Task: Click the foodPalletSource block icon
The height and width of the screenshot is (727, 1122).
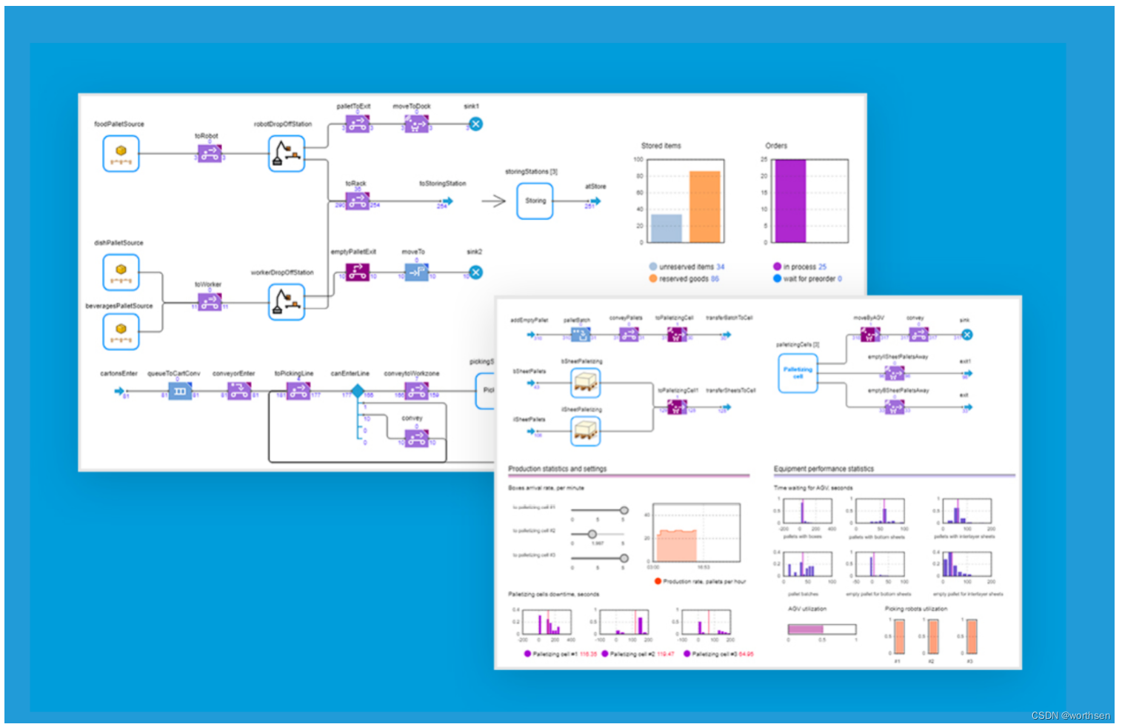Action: tap(121, 154)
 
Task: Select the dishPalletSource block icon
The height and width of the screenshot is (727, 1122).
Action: tap(121, 272)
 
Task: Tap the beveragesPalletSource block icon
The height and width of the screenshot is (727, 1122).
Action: tap(121, 332)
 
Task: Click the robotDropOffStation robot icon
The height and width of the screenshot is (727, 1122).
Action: tap(286, 154)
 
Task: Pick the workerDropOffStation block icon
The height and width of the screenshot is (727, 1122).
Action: tap(286, 302)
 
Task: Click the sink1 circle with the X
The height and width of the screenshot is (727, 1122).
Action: tap(476, 124)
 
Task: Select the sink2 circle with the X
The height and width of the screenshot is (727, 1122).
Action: tap(476, 272)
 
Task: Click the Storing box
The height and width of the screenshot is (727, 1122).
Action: tap(535, 201)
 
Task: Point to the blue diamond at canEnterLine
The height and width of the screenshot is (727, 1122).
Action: tap(358, 391)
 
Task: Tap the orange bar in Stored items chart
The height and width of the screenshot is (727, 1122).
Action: tap(704, 207)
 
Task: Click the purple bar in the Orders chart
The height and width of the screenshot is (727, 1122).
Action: tap(789, 201)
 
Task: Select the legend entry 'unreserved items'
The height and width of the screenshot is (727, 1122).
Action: tap(691, 267)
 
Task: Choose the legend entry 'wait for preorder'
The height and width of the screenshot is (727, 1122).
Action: tap(810, 279)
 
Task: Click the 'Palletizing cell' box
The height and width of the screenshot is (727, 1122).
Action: tap(798, 373)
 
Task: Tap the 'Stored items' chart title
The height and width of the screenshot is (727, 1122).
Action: tap(661, 146)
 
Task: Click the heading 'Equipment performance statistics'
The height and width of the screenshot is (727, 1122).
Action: tap(824, 469)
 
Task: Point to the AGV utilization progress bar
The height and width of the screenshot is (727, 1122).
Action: tap(821, 629)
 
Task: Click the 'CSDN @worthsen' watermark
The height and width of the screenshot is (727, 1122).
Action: tap(1070, 715)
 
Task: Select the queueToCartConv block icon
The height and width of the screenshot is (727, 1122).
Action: tap(180, 391)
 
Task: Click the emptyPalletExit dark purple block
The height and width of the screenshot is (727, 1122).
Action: tap(358, 272)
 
